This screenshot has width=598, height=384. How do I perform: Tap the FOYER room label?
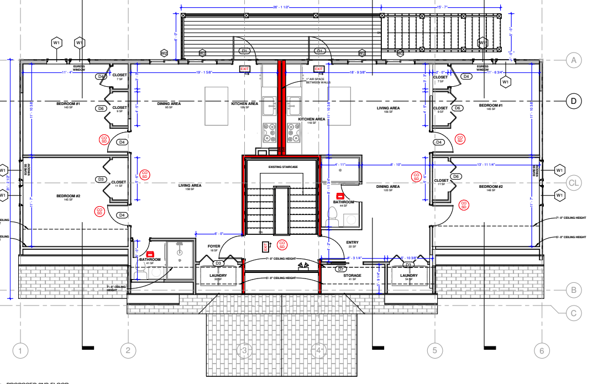213,247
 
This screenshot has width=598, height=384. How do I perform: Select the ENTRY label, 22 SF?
352,243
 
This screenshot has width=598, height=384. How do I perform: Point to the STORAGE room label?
352,276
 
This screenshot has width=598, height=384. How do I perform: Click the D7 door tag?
341,269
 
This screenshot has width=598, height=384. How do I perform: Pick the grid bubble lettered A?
574,60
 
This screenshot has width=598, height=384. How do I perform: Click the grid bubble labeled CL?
574,182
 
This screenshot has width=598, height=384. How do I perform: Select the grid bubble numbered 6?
542,350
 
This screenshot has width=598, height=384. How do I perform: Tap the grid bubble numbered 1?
20,350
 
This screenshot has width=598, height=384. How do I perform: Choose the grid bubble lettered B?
574,289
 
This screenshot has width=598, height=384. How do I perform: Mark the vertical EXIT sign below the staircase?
265,246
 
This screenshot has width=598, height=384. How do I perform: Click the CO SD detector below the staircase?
282,244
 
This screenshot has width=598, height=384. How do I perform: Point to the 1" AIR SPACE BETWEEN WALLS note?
318,81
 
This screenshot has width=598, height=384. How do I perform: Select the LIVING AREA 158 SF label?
190,186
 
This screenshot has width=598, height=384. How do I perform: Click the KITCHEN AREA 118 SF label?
312,120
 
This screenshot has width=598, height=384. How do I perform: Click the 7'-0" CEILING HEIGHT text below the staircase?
282,259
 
